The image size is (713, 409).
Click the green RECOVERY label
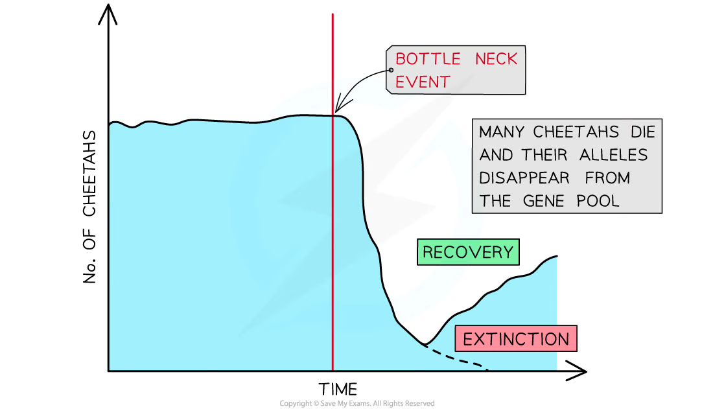pos(468,252)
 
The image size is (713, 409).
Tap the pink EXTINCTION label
pos(516,338)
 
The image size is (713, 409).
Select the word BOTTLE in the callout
pos(428,59)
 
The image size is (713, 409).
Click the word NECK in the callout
pos(496,59)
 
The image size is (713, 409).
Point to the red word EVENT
pos(423,82)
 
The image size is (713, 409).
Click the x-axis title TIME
pos(338,390)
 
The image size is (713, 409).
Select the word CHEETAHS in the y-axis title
pos(89,173)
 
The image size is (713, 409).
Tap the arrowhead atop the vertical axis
pos(108,14)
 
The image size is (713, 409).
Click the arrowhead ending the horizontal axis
pos(577,371)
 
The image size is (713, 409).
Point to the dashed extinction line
pos(456,358)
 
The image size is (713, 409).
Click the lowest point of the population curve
pos(425,344)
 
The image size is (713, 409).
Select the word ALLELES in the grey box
pos(613,155)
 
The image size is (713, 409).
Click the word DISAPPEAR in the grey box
pos(524,178)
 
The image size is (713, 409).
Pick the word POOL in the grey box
pos(598,201)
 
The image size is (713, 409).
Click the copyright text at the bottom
pos(357,404)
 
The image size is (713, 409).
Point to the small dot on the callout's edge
pos(391,70)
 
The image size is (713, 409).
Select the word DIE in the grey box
pos(643,132)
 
